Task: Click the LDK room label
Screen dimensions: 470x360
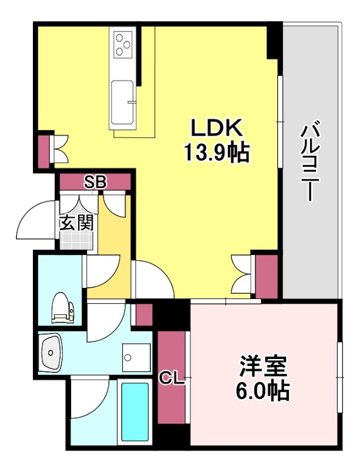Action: pyautogui.click(x=214, y=129)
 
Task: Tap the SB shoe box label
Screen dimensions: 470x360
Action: pyautogui.click(x=95, y=182)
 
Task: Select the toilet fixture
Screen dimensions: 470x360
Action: pyautogui.click(x=62, y=308)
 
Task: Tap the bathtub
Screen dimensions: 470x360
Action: pyautogui.click(x=134, y=411)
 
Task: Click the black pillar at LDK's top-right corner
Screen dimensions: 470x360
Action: pyautogui.click(x=274, y=41)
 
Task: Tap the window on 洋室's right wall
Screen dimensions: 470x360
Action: pyautogui.click(x=339, y=376)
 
